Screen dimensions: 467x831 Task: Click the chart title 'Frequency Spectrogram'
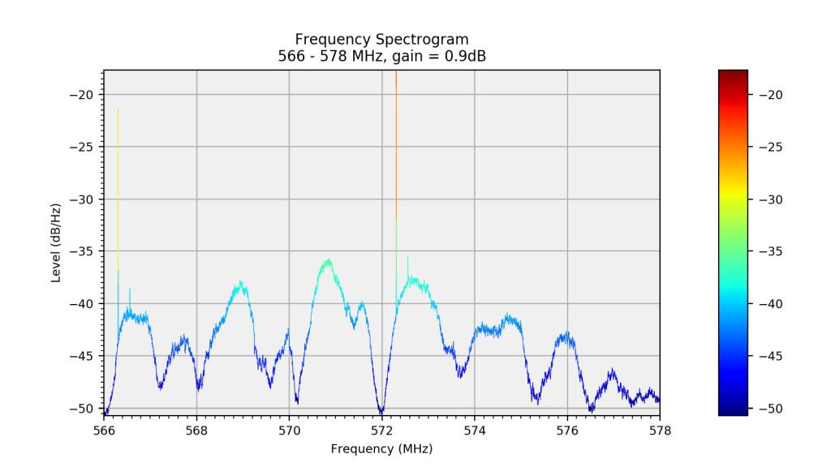coord(381,39)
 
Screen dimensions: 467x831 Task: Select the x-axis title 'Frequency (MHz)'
coord(381,448)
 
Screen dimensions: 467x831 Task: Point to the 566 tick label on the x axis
coord(105,430)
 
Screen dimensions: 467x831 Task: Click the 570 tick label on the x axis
coord(290,430)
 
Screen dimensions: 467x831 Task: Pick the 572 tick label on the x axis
coord(382,430)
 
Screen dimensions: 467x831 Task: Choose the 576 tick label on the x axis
coord(567,430)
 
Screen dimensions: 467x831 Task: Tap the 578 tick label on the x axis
coord(660,430)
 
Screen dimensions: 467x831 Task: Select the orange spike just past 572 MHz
coord(396,146)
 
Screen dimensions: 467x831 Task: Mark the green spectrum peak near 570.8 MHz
coord(328,262)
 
